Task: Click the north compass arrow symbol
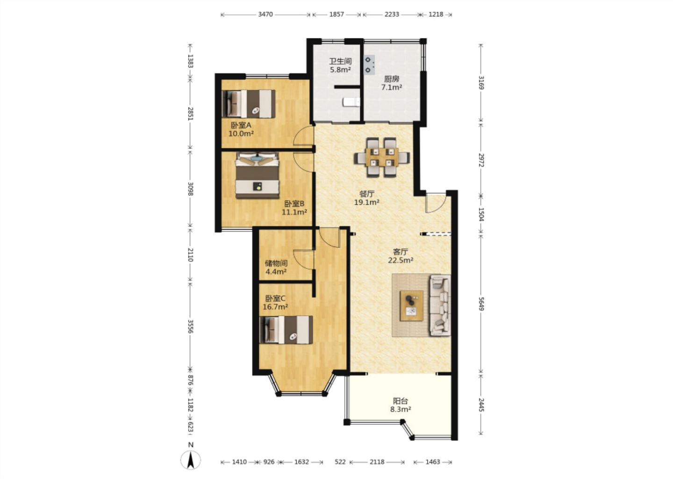coord(190,460)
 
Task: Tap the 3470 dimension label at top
coord(265,14)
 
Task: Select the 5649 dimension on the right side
coord(481,304)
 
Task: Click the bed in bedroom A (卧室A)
coord(249,104)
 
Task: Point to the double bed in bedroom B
coord(257,175)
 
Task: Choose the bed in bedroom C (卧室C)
coord(286,330)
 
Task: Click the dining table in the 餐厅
coord(382,157)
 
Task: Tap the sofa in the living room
coord(440,305)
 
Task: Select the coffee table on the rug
coord(411,305)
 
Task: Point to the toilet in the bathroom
coord(351,102)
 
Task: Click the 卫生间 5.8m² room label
coord(340,65)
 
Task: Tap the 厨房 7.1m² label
coord(392,83)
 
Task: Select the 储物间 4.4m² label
coord(276,267)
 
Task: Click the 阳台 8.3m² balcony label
coord(401,405)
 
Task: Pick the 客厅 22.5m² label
coord(401,255)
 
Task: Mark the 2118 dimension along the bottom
coord(377,462)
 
